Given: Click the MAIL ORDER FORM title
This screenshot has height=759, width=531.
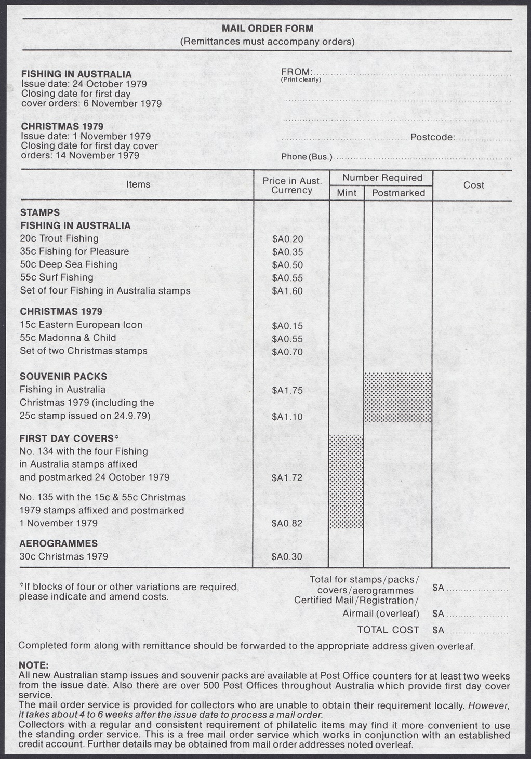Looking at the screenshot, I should pos(267,29).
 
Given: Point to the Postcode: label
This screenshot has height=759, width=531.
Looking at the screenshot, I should pos(433,138).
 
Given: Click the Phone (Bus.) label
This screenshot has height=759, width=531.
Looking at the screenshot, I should pos(306,157).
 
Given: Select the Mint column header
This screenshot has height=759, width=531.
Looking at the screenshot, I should pos(347,193).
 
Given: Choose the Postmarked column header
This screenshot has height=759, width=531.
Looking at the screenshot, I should pos(399,193).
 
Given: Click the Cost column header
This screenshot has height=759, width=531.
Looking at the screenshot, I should pos(473,185).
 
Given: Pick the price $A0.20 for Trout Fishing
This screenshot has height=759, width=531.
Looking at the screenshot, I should pos(287,239).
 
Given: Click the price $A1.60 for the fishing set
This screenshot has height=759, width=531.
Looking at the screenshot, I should pos(287,291).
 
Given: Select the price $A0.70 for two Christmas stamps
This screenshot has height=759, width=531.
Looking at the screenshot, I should pos(287,352).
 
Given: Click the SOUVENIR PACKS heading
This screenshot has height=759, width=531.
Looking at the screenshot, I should pos(63,376).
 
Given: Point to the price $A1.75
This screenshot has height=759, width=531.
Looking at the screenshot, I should pos(287,391).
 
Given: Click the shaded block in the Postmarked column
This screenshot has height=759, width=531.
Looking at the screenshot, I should pos(398,397).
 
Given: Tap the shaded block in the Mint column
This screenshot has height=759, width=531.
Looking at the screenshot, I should pos(347,482).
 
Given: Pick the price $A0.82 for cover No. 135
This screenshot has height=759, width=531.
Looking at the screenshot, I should pos(287,524).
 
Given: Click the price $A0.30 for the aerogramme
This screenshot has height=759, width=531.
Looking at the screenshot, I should pos(287,557).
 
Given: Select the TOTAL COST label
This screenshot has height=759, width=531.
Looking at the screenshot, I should pos(388,630).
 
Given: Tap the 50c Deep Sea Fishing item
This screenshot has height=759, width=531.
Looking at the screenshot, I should pos(69,264).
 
